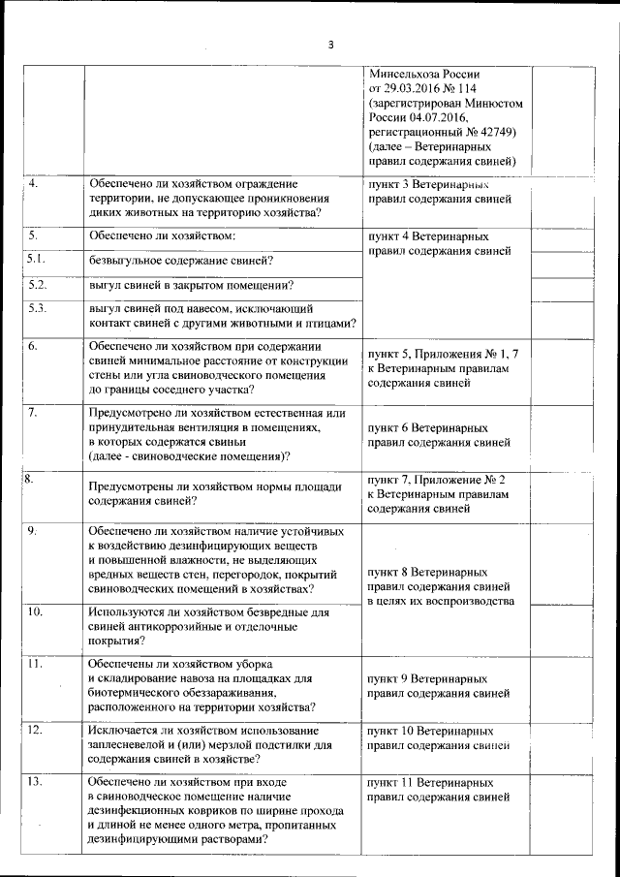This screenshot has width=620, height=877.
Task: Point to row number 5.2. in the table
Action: [38, 284]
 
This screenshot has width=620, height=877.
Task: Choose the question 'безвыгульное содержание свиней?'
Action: [180, 261]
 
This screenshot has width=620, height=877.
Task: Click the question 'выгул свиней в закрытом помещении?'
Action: [192, 285]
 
